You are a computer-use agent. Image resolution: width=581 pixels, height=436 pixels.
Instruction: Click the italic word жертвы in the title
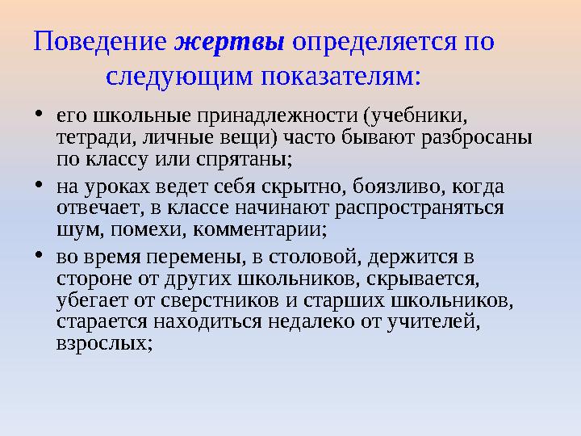coord(230,41)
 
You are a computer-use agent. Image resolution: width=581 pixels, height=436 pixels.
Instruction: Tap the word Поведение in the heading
coord(99,41)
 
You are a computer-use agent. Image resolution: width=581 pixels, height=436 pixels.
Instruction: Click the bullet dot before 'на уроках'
coord(40,187)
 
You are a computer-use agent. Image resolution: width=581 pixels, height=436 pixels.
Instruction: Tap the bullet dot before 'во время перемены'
coord(40,257)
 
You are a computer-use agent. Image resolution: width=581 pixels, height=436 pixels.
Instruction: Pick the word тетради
coord(89,138)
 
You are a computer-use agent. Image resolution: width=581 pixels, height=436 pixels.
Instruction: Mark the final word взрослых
coord(103,342)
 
